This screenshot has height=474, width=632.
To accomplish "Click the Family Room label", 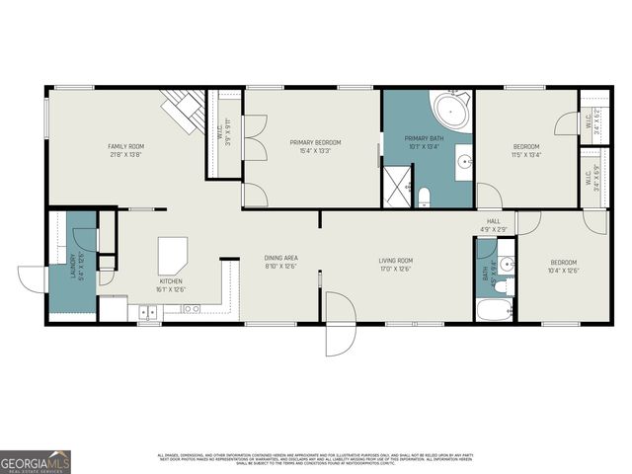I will [126, 146].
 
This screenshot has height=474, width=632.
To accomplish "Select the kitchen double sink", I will [146, 312].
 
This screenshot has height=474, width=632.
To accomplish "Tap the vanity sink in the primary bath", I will [462, 163].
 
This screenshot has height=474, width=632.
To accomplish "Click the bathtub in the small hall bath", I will [494, 310].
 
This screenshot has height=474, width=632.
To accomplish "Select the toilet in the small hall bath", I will [502, 286].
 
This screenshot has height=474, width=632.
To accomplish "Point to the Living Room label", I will [395, 261].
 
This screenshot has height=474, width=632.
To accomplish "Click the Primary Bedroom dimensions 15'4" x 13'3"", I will [310, 151].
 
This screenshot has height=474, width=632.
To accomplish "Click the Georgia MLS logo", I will [36, 460].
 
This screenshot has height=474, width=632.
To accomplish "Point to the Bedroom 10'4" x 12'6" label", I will [563, 267].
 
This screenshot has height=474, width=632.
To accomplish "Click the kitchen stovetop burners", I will [191, 309].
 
